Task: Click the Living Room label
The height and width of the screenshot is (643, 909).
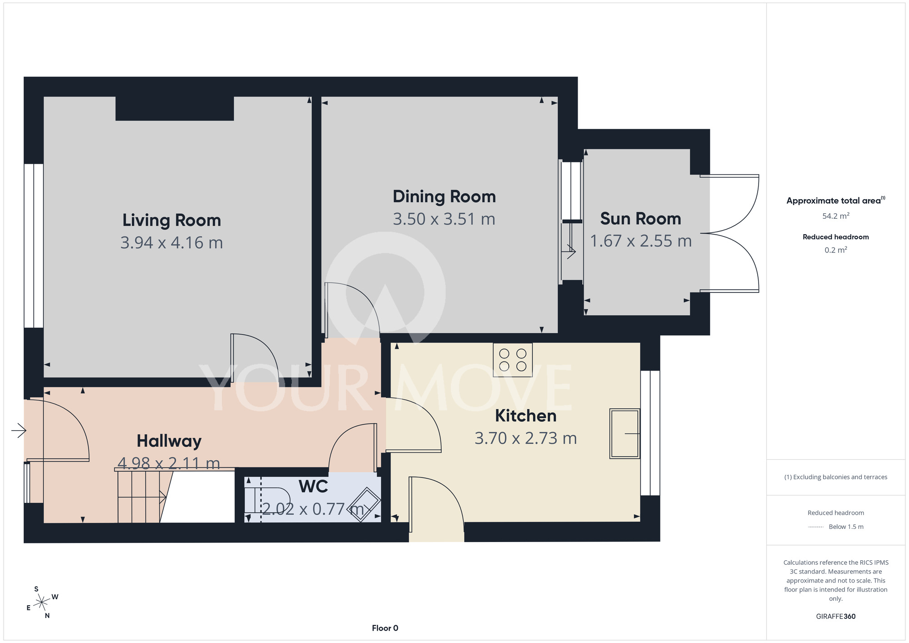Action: coord(172,220)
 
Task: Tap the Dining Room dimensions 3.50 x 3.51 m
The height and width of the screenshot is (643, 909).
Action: coord(444,219)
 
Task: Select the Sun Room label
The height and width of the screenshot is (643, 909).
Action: coord(640,219)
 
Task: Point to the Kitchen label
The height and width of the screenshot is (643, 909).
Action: coord(525,416)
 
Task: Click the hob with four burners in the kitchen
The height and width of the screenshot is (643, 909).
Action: coord(513,360)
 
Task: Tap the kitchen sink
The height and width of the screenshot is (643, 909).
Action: coord(624,433)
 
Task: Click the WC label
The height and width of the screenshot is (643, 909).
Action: coord(313,487)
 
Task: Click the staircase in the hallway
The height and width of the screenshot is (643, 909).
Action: coord(142,496)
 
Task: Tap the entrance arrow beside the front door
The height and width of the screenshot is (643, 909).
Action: coord(19,430)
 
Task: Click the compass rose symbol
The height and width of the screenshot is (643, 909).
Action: coord(42,603)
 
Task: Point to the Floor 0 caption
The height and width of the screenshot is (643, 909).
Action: coord(385,628)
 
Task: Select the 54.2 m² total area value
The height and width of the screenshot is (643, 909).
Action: coord(836,216)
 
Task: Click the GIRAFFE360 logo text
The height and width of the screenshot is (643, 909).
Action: coord(836,617)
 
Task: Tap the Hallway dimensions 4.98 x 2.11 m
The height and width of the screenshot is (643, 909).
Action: coord(169,463)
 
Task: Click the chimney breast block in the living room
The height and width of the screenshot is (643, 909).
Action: coord(175,109)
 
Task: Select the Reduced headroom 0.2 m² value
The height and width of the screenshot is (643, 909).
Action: coord(836,250)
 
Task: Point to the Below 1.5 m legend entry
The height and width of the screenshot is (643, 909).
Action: coord(836,527)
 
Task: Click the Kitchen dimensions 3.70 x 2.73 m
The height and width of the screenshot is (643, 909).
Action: coord(525,438)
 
